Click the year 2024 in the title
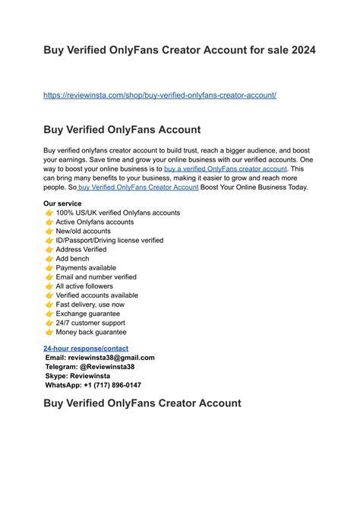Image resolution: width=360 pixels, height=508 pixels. point(298,52)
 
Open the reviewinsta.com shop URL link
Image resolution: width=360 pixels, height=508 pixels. point(159,95)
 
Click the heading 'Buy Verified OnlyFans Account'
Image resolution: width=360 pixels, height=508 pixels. point(122,130)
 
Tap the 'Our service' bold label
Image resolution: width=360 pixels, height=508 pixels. point(62,204)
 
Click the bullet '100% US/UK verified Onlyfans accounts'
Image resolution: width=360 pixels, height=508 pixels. point(118,213)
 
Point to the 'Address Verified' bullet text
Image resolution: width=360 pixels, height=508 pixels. point(81,249)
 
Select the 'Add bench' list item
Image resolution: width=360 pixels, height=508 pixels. point(72,258)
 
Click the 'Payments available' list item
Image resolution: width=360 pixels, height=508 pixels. point(86,268)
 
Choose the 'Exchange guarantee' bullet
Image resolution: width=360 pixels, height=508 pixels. point(87,314)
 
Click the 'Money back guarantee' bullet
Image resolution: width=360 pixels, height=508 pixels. point(91,332)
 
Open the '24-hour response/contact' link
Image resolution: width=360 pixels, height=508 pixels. point(86,348)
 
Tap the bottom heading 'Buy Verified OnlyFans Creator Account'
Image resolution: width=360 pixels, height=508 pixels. point(142,403)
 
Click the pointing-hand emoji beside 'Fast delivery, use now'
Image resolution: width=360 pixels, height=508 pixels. point(49,304)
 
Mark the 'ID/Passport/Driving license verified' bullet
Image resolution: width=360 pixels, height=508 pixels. point(109,240)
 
